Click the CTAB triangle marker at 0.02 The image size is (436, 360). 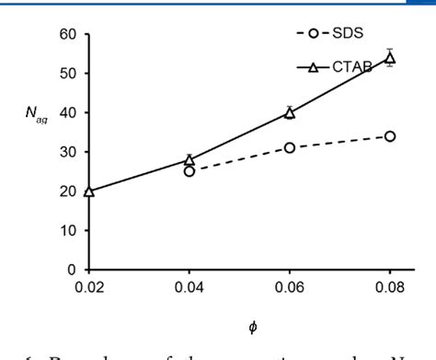tap(89, 192)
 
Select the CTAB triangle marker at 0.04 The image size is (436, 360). tap(189, 160)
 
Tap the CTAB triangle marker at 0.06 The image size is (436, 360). tap(290, 113)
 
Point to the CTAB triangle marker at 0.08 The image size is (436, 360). tap(390, 59)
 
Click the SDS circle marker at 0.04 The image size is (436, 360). tap(189, 171)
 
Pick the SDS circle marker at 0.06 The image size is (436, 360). tap(290, 147)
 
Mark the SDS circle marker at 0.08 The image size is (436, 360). tap(390, 136)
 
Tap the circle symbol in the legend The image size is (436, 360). tap(315, 35)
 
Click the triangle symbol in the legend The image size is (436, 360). tap(313, 66)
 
